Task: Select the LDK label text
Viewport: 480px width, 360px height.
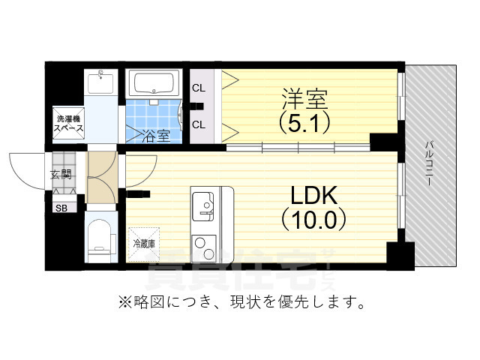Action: tap(314, 197)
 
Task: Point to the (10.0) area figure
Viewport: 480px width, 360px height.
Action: tap(314, 220)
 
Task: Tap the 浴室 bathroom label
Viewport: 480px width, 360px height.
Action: tap(156, 136)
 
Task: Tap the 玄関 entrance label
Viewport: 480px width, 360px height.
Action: tap(61, 177)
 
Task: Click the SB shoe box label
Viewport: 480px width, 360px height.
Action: tap(60, 208)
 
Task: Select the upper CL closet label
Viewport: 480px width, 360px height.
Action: tap(198, 88)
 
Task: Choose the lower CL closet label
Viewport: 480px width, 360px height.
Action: tap(198, 124)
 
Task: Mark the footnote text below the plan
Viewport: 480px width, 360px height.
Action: tap(241, 304)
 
